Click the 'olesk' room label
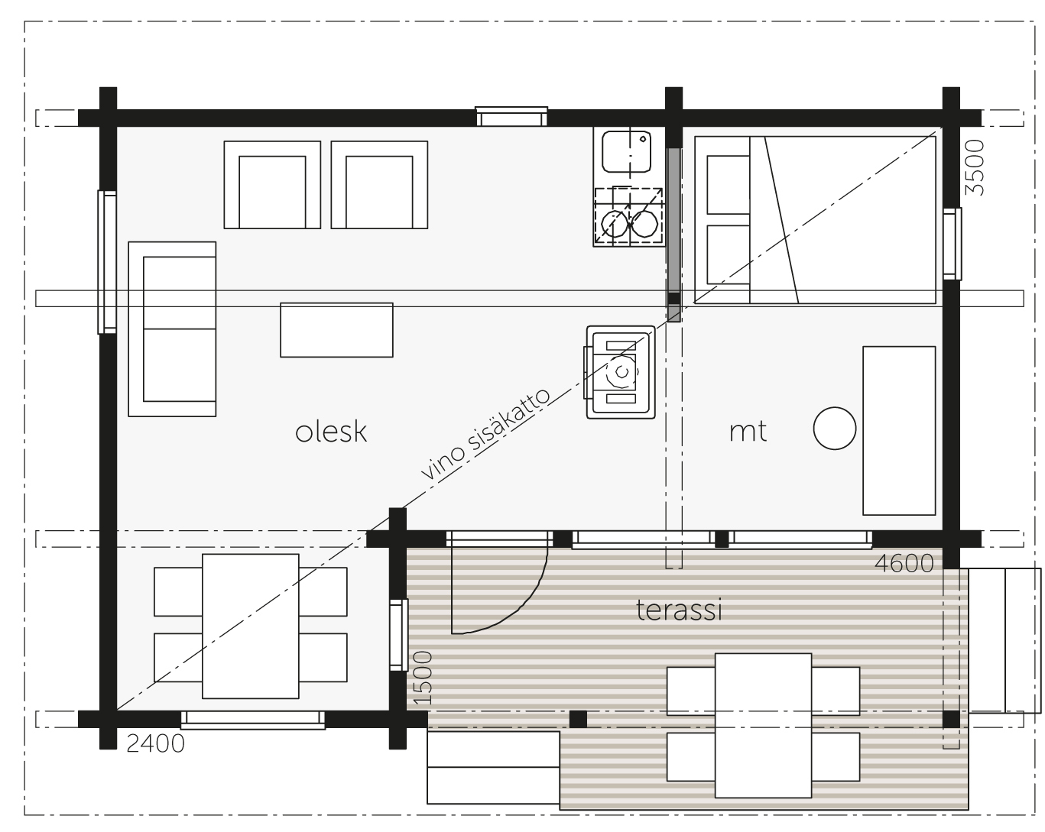(331, 431)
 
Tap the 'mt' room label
(748, 432)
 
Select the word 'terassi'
(679, 610)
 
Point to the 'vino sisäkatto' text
(485, 435)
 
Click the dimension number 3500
(975, 167)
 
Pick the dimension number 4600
(904, 564)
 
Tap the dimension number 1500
(423, 678)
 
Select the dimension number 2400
(155, 743)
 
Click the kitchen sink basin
(626, 151)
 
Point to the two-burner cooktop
(629, 216)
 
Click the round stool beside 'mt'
(835, 428)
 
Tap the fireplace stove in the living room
(621, 372)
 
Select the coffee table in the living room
(336, 330)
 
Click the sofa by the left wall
(172, 329)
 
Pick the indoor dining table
(251, 626)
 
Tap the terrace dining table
(764, 725)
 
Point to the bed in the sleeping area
(816, 220)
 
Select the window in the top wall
(511, 116)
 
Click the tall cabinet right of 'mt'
(899, 431)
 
